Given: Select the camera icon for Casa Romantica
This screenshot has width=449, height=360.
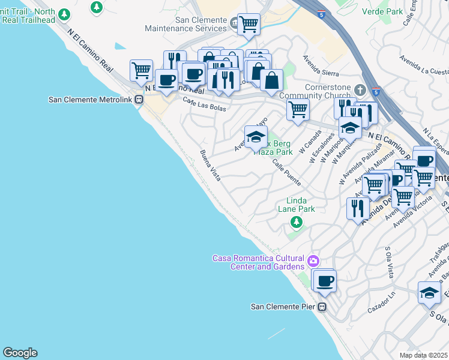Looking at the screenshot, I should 312,261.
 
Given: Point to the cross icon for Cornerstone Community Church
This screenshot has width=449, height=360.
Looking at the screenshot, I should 360,90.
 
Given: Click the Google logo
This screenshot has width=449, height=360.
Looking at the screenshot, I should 20,353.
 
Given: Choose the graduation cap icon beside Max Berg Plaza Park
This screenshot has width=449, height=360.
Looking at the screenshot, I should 256,136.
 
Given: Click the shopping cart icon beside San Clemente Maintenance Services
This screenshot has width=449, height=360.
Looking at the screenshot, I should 249,25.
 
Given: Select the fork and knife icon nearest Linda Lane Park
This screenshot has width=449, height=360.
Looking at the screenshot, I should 358,208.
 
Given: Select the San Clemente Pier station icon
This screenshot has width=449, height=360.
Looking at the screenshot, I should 322,307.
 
